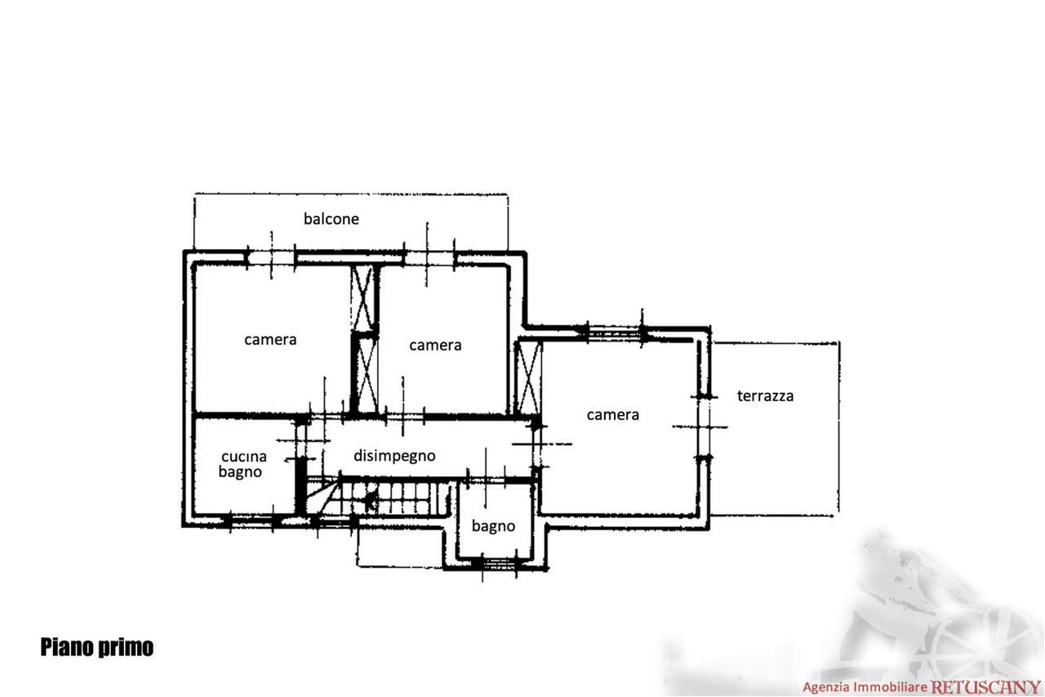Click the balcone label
click(331, 218)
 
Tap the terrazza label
click(765, 395)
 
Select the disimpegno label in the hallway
click(394, 456)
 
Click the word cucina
click(244, 456)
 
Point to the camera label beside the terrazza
click(612, 414)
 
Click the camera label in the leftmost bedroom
click(270, 339)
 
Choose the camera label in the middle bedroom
click(435, 345)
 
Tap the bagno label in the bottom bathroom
click(493, 526)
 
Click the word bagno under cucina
click(240, 472)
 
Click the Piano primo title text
click(96, 647)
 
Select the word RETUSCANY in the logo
click(985, 687)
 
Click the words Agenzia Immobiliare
click(865, 687)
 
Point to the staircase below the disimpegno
click(378, 498)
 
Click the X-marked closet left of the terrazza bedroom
click(528, 378)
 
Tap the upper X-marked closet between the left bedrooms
click(363, 298)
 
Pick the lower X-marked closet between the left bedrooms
click(365, 374)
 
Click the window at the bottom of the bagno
click(499, 564)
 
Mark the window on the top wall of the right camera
click(614, 333)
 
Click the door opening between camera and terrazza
click(705, 427)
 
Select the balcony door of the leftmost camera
click(270, 257)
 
